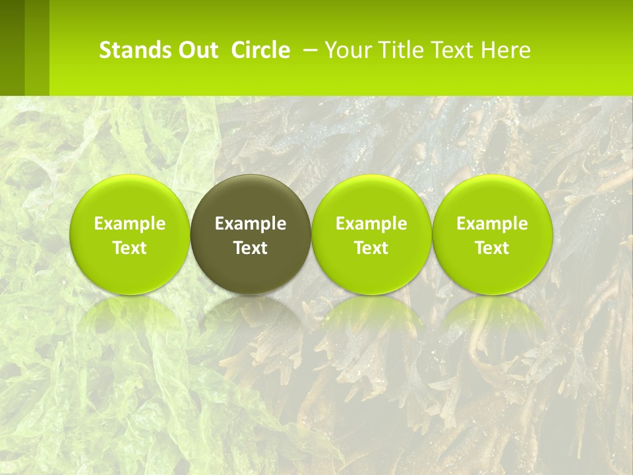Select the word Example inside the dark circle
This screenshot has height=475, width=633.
pyautogui.click(x=251, y=224)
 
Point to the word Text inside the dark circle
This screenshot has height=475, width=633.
pyautogui.click(x=251, y=248)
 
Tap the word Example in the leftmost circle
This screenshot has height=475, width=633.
pyautogui.click(x=129, y=224)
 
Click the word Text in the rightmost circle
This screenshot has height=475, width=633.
pyautogui.click(x=492, y=248)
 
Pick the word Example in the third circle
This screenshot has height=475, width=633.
pyautogui.click(x=371, y=224)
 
